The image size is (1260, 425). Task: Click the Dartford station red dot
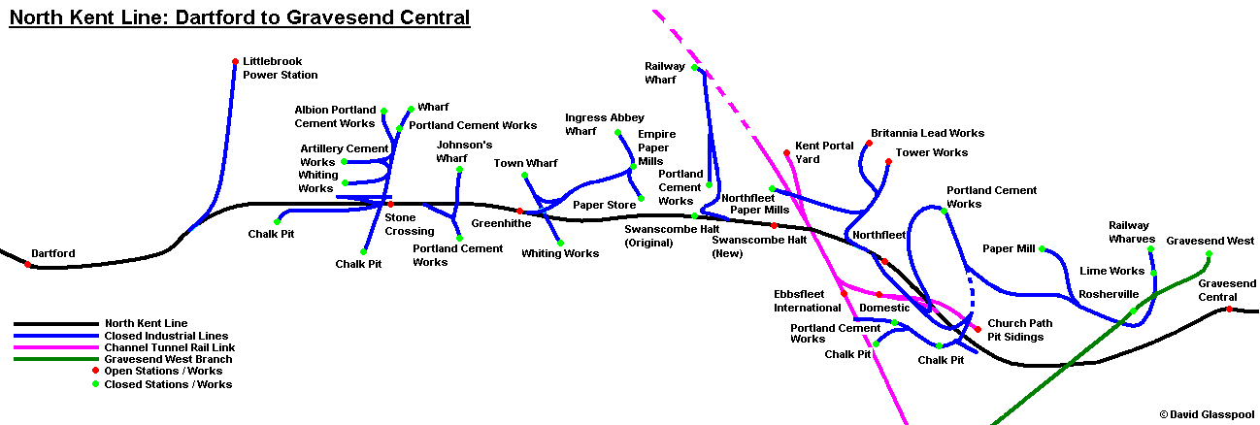(x=27, y=264)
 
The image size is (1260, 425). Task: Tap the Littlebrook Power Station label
(x=280, y=68)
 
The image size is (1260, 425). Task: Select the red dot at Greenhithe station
(x=519, y=211)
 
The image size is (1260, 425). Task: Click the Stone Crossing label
(x=410, y=225)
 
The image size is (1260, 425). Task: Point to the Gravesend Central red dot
(x=1229, y=310)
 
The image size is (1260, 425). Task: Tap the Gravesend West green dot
(x=1209, y=254)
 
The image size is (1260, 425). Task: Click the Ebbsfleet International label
(x=807, y=301)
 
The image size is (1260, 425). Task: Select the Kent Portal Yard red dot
(x=786, y=152)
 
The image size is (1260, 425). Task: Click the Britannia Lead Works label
(x=927, y=133)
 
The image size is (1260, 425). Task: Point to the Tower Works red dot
(x=887, y=162)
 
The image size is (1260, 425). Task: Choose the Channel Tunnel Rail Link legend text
(x=170, y=347)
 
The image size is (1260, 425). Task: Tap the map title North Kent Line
(x=239, y=17)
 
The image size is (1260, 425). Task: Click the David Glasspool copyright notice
(x=1206, y=414)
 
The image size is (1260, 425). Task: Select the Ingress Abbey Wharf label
(x=605, y=124)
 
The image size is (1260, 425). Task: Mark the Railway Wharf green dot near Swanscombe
(x=694, y=68)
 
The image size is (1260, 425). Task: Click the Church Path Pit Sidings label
(x=1020, y=330)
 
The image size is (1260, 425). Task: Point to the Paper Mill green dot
(x=1042, y=249)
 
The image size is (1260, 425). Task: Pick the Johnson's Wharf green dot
(x=459, y=170)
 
